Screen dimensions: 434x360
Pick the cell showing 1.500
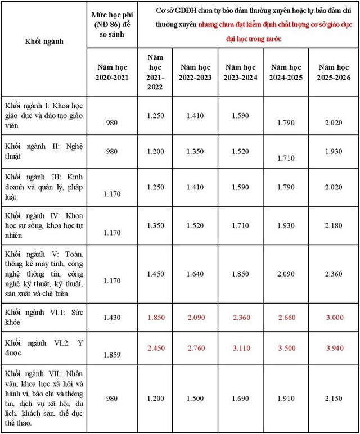click(201, 399)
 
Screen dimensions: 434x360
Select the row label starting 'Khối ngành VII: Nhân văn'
click(43, 398)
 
